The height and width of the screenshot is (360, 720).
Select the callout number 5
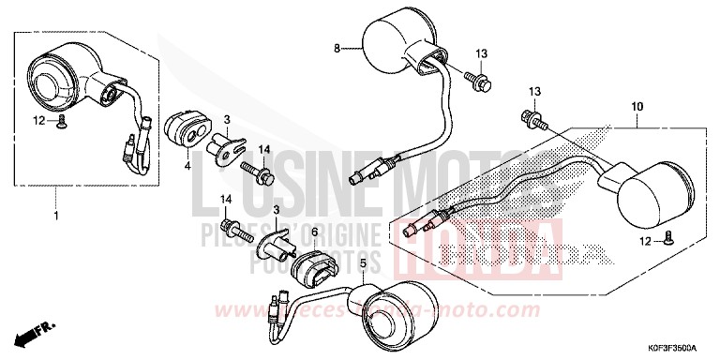pos(361,264)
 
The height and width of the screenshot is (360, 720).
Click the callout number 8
pos(337,47)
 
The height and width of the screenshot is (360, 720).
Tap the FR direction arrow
pos(31,335)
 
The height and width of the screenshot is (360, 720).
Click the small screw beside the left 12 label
pos(61,122)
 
